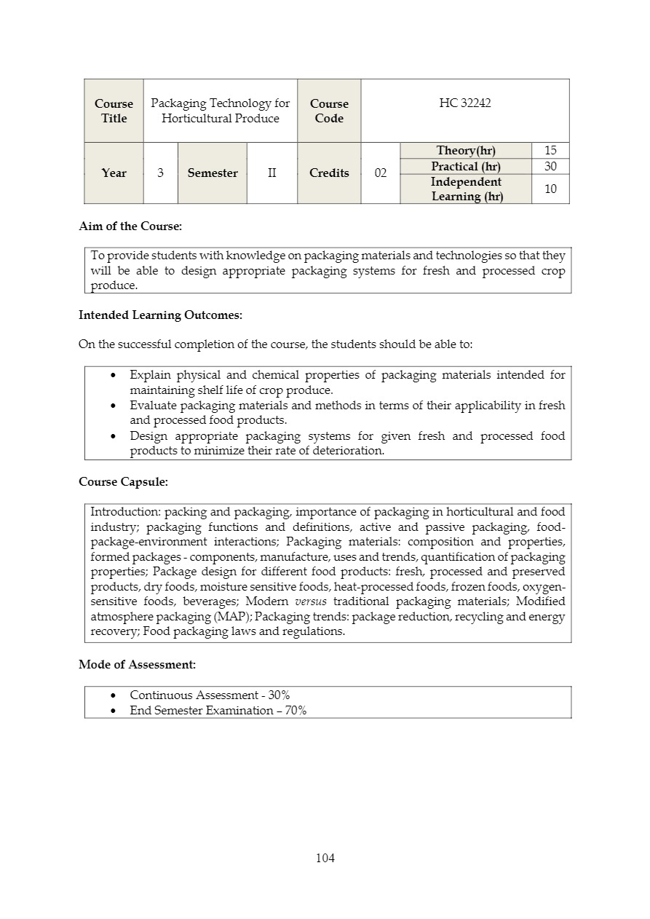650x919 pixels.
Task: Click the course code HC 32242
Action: pos(464,103)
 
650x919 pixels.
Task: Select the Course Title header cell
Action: pos(114,111)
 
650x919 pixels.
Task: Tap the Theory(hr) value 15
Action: pos(550,151)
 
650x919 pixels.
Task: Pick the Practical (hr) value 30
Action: pos(550,167)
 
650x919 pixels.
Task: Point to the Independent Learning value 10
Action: pos(550,189)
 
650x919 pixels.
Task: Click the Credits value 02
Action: pos(380,173)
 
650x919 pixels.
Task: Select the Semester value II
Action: pos(272,173)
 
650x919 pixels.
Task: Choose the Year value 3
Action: pos(160,173)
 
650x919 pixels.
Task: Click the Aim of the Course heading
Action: pos(130,226)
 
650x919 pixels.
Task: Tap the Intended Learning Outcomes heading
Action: pos(160,315)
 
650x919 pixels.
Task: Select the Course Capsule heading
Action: pos(123,482)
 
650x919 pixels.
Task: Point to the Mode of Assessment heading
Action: pos(137,665)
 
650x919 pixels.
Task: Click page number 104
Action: pos(325,858)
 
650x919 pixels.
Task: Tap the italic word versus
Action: pos(310,602)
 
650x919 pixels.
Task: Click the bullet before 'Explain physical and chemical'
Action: pos(113,375)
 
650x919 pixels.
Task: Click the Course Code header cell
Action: pos(329,111)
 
